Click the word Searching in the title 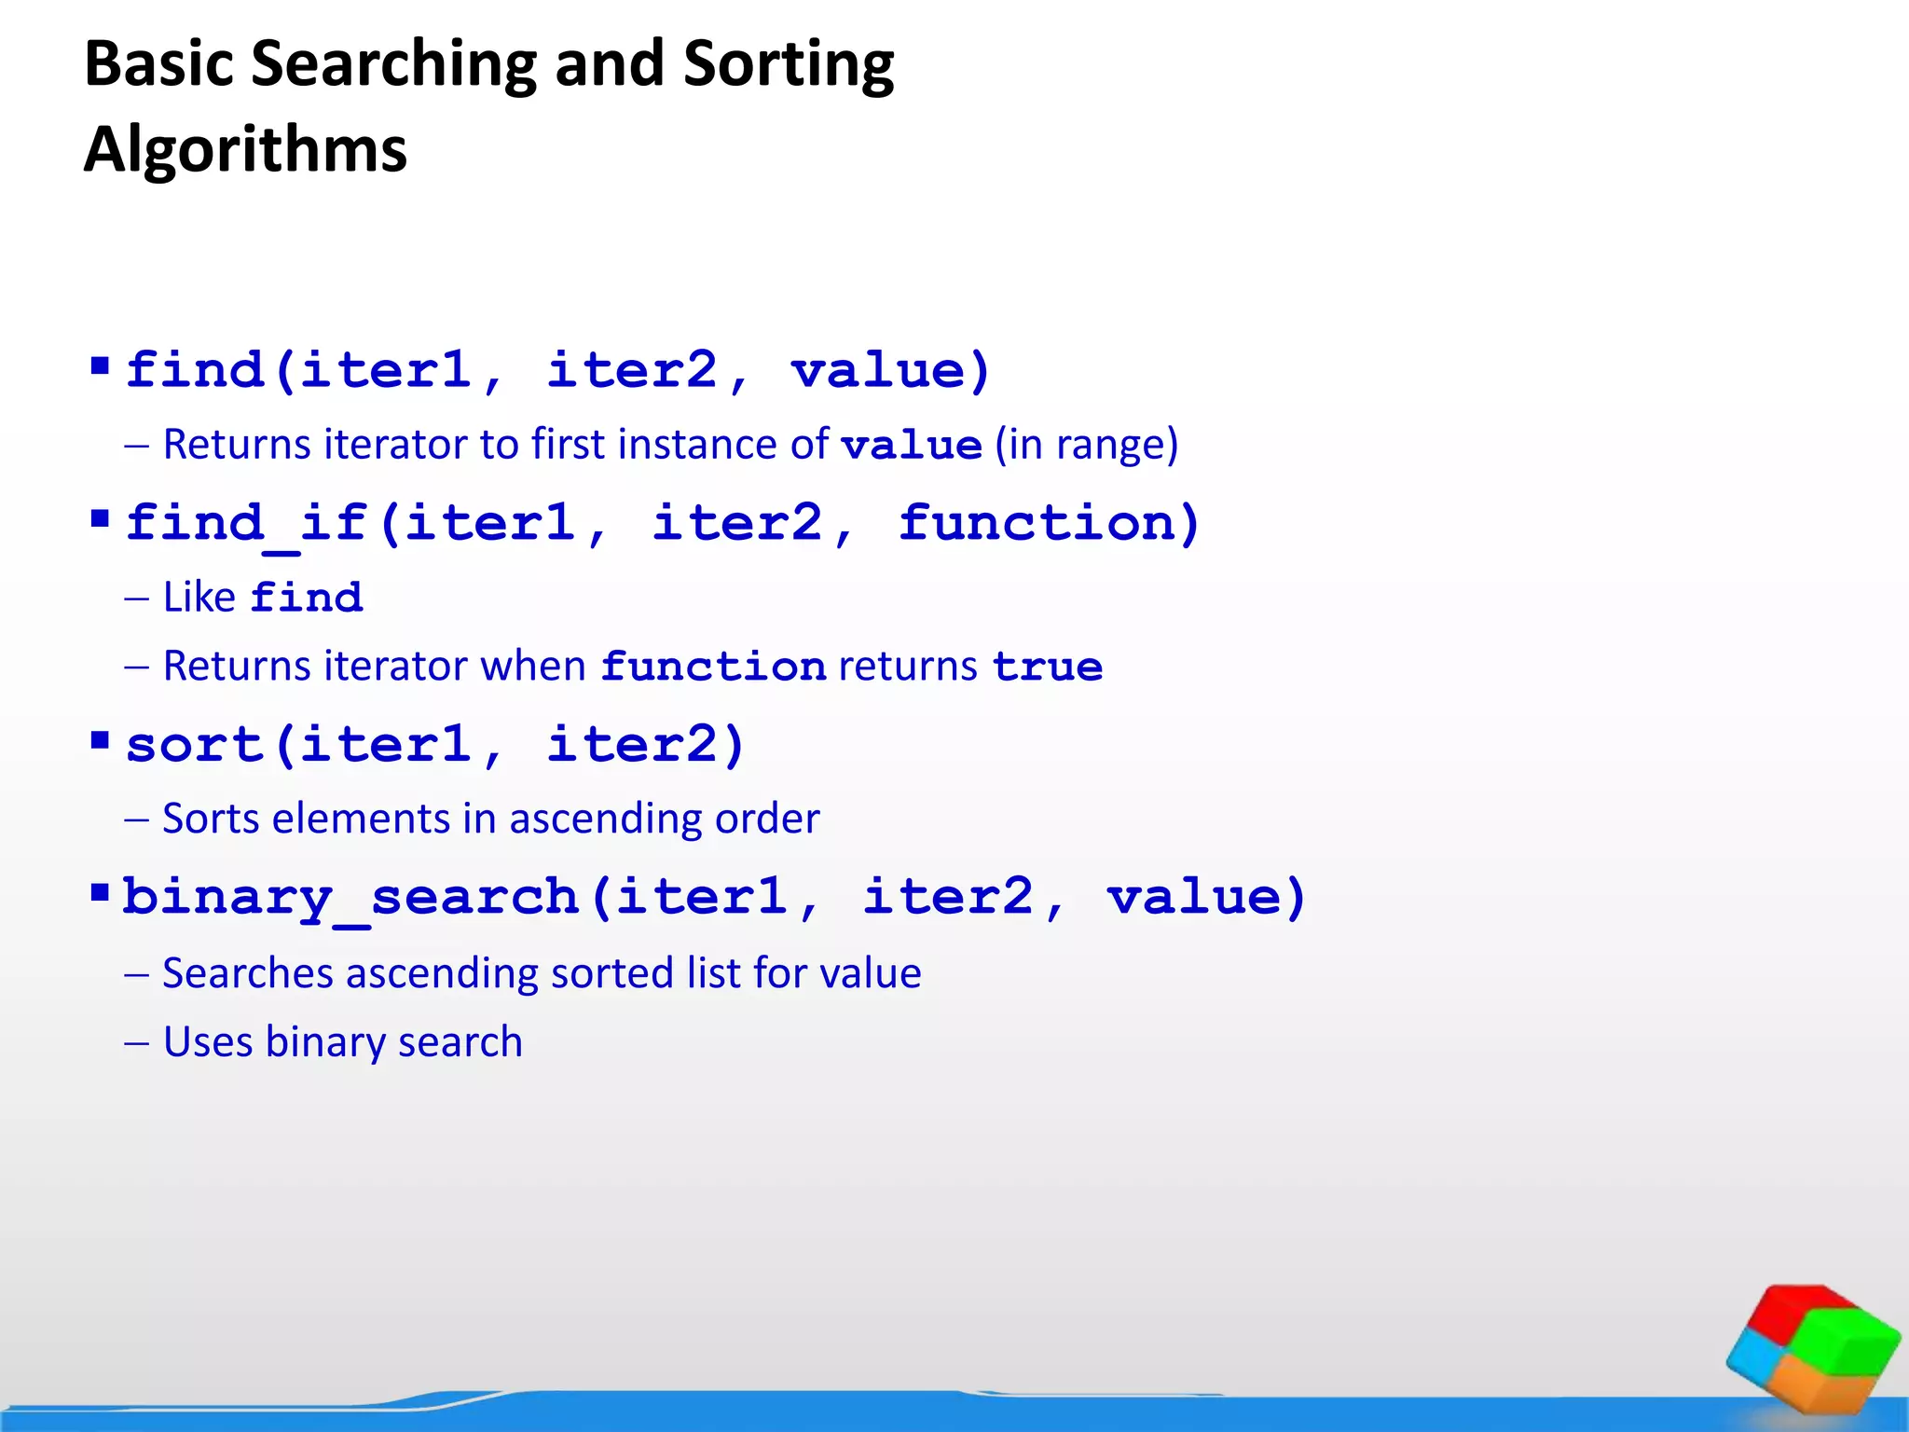[393, 65]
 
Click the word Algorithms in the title [245, 149]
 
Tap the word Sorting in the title [788, 65]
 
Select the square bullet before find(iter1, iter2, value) [100, 364]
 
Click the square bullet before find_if [100, 517]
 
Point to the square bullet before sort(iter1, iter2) [100, 740]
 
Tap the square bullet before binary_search [100, 893]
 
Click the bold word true [1047, 668]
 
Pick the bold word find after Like [307, 599]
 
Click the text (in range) [1086, 445]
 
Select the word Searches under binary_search [247, 973]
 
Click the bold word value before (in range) [911, 446]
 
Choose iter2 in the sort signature [643, 745]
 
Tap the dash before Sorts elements [136, 819]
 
